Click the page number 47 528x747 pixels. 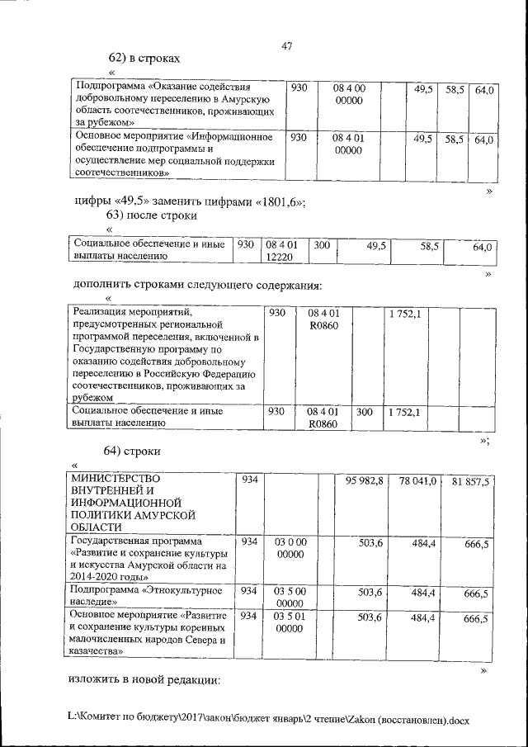click(x=287, y=46)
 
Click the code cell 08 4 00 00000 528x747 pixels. click(x=349, y=93)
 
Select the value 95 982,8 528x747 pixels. click(x=364, y=480)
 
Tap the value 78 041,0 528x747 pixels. click(x=417, y=480)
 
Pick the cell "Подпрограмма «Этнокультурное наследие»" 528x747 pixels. click(x=148, y=597)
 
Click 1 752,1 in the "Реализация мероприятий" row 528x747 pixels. click(x=404, y=314)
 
